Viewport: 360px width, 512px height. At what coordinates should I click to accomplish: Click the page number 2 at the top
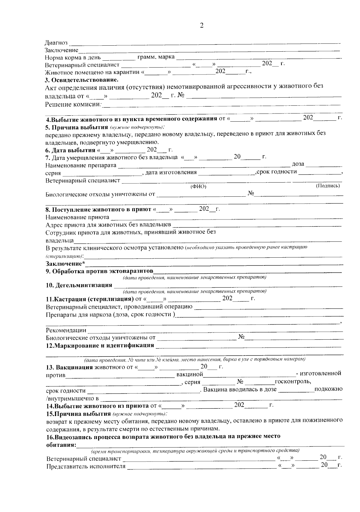click(201, 26)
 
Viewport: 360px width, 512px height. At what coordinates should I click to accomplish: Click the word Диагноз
click(56, 43)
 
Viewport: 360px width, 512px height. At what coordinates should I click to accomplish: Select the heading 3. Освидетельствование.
click(82, 80)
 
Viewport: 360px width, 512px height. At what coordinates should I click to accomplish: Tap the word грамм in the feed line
click(146, 57)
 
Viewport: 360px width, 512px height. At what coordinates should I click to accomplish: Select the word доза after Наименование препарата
click(298, 164)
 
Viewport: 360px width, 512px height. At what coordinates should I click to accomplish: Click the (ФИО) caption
click(198, 186)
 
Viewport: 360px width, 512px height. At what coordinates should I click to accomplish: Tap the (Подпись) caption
click(328, 186)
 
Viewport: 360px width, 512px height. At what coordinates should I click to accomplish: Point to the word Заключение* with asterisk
click(65, 264)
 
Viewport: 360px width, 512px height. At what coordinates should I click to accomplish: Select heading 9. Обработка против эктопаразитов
click(99, 271)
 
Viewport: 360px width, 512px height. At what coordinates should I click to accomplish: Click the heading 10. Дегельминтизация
click(79, 285)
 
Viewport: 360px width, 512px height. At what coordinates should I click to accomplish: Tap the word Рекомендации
click(66, 330)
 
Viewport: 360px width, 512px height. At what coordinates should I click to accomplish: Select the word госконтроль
click(293, 382)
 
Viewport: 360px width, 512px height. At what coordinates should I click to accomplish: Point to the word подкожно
click(328, 389)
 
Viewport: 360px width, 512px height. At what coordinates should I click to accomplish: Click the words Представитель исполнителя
click(85, 466)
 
